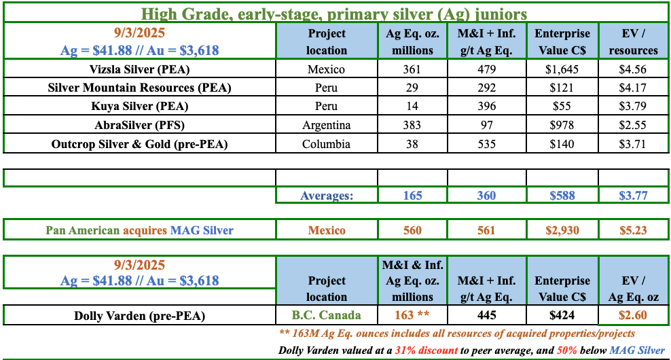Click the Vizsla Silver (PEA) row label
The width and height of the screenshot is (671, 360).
(139, 69)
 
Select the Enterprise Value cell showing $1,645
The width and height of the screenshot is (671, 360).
(562, 69)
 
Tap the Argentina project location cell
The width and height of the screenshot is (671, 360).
(327, 125)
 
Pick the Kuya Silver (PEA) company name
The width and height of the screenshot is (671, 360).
(139, 106)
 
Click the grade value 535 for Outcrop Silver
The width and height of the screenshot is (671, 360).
(486, 144)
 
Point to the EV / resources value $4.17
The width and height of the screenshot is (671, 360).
(632, 88)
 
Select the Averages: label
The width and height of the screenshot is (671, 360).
(327, 196)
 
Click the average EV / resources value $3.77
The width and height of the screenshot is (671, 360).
(633, 196)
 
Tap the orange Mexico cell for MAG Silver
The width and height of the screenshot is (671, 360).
(327, 230)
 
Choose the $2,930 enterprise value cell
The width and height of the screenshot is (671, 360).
(562, 230)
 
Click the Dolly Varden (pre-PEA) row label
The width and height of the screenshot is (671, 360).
(139, 316)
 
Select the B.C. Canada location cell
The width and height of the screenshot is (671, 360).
(327, 315)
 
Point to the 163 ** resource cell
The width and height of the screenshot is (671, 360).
(412, 315)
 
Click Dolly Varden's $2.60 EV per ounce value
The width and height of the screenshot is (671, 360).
(633, 315)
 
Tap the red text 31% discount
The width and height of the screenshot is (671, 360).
(427, 350)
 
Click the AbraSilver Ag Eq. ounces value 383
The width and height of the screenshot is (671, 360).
(412, 125)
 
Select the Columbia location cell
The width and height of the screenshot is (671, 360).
(327, 144)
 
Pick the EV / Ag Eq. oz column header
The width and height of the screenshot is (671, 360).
(634, 289)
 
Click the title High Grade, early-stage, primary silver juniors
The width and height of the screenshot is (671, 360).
(334, 14)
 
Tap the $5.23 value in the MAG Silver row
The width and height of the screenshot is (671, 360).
(633, 230)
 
